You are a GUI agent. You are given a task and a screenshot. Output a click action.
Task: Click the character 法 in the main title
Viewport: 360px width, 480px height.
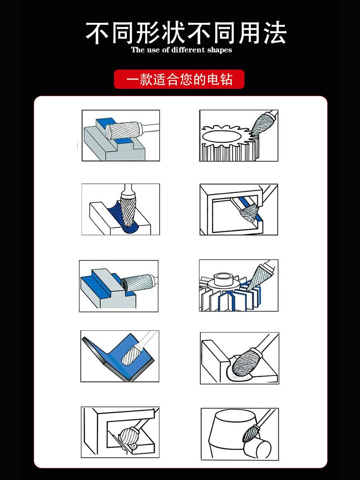click(x=274, y=33)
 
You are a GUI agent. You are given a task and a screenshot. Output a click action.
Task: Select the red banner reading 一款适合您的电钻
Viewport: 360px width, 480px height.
click(x=179, y=79)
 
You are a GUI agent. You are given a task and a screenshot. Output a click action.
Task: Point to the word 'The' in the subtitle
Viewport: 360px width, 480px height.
click(x=138, y=50)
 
